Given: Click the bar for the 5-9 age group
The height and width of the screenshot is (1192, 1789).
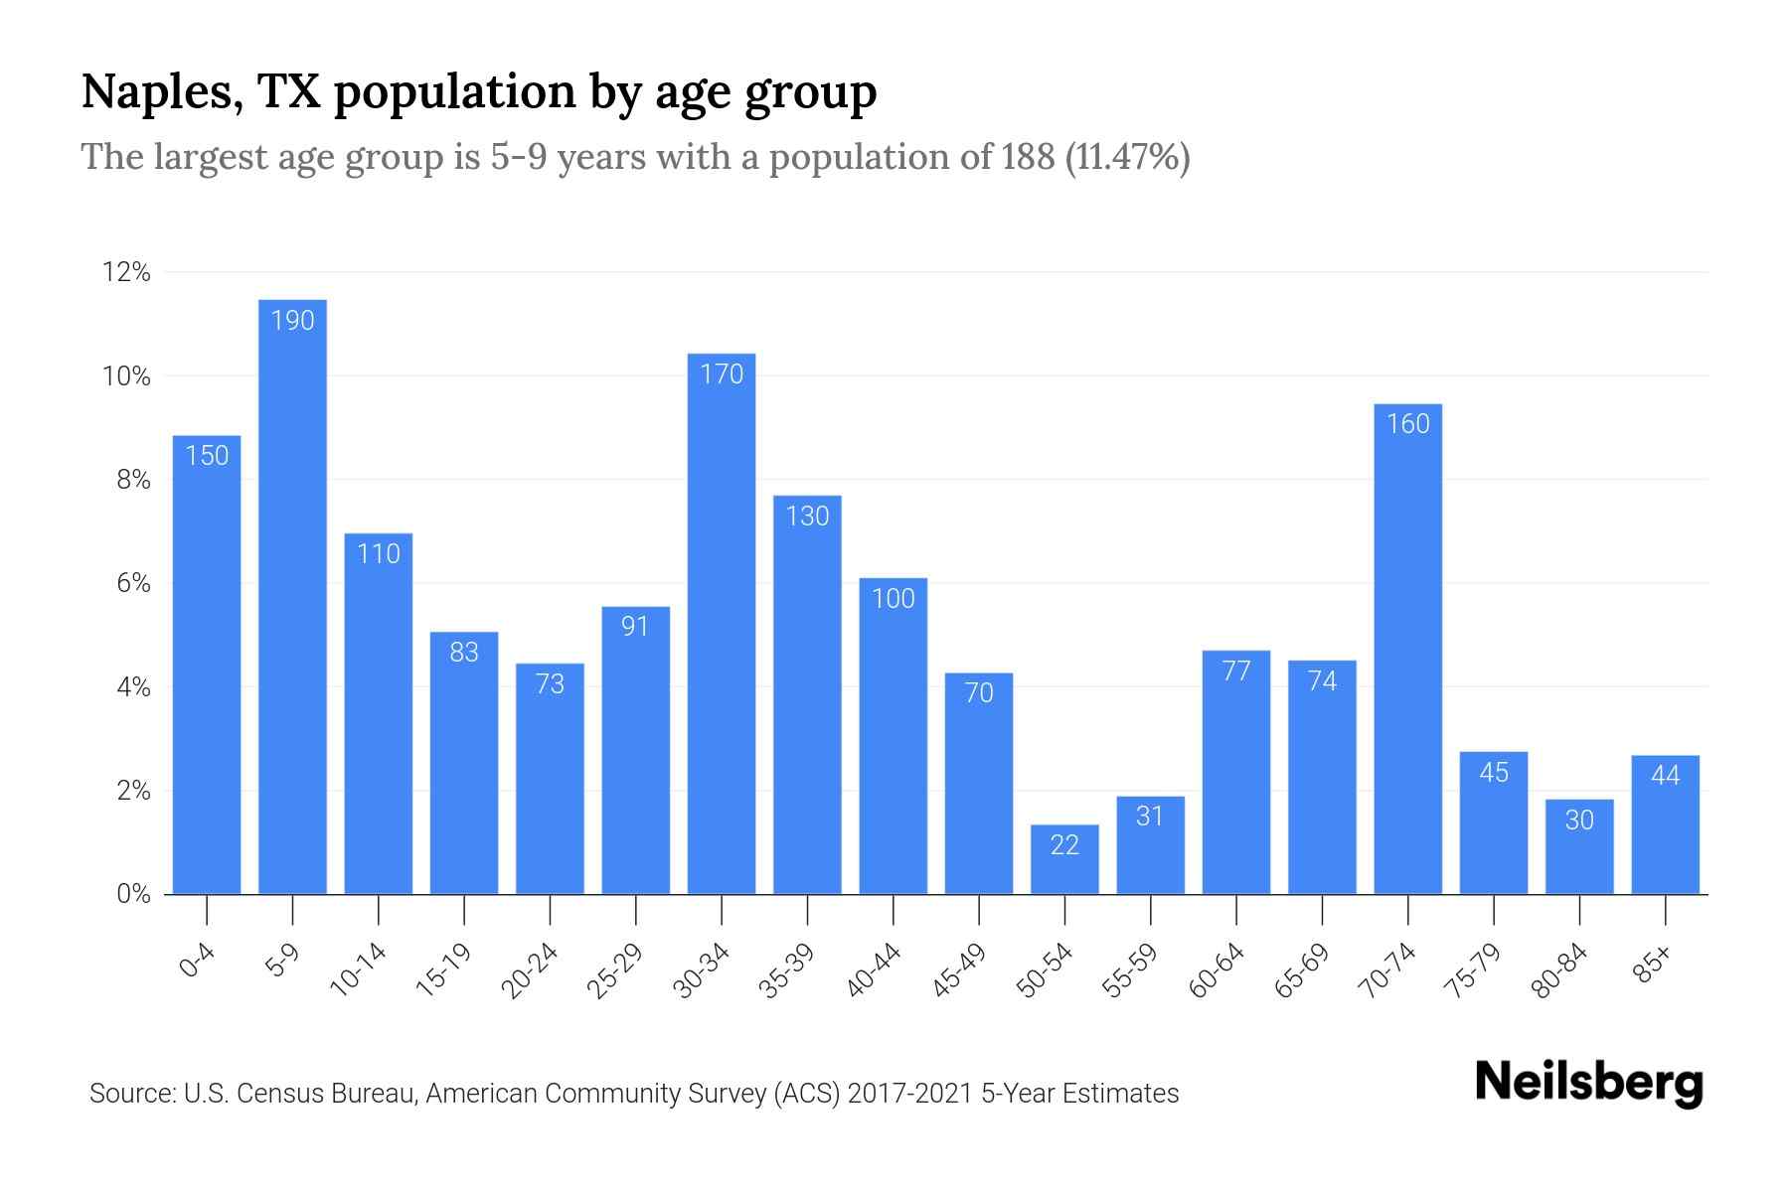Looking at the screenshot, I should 292,596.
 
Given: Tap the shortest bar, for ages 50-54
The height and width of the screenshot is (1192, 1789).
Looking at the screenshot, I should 1064,860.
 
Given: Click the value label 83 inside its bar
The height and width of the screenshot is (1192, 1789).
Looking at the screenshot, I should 464,653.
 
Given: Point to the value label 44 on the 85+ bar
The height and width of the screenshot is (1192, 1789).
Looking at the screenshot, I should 1665,775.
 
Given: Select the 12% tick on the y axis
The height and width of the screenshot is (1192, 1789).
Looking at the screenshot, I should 126,272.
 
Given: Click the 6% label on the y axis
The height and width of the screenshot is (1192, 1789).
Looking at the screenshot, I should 133,583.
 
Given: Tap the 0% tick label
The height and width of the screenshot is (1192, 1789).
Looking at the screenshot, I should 133,894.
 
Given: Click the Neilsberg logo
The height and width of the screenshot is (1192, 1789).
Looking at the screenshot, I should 1588,1083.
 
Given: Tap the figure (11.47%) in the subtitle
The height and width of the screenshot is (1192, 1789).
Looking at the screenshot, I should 1127,157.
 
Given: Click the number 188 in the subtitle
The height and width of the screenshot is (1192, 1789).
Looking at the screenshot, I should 1028,157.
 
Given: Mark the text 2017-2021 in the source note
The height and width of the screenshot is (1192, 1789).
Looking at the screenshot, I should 909,1094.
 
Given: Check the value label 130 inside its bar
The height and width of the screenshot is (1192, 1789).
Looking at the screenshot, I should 807,517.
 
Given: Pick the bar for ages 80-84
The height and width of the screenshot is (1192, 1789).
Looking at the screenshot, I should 1579,847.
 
